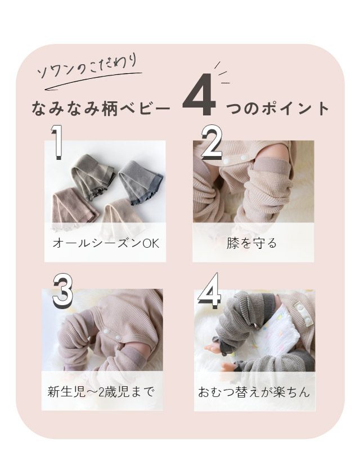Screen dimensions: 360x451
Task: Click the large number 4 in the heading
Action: click(x=199, y=95)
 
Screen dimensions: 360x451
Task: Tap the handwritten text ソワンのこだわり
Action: click(x=87, y=68)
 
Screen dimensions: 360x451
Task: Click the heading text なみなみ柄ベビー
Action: click(x=101, y=109)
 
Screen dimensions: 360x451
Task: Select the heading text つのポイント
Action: click(x=277, y=109)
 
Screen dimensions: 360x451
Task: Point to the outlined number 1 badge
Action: click(x=57, y=142)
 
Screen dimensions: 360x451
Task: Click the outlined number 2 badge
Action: click(x=211, y=142)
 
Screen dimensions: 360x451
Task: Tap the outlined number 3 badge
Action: click(x=62, y=291)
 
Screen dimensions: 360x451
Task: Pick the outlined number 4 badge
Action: click(x=209, y=291)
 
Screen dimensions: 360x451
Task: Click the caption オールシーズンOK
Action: click(x=106, y=243)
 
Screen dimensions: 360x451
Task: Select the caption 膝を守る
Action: click(x=251, y=243)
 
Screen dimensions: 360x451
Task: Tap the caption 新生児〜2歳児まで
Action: click(x=101, y=392)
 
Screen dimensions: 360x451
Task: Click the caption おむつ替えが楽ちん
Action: click(x=254, y=392)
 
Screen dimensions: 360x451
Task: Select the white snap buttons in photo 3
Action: click(x=111, y=334)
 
